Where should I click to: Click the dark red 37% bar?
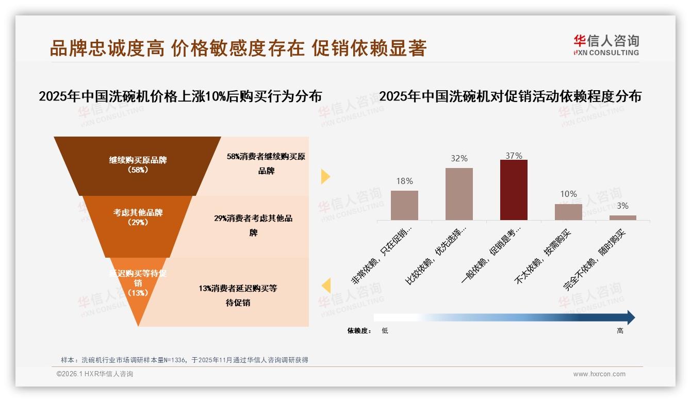(514, 190)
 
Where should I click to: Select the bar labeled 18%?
(404, 205)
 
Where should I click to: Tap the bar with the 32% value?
(459, 194)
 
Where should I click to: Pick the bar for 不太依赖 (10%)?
(568, 212)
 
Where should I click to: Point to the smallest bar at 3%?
(622, 217)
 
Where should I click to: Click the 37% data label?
(514, 156)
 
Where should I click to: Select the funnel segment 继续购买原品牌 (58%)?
(138, 165)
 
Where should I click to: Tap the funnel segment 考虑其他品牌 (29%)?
(138, 217)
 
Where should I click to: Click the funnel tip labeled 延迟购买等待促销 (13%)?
(138, 283)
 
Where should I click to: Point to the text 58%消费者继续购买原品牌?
(266, 163)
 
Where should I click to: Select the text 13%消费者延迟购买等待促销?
(238, 295)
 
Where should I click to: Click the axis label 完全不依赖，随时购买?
(594, 260)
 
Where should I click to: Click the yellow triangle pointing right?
(325, 177)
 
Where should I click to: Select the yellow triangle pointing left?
(326, 286)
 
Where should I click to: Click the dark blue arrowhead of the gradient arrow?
(630, 317)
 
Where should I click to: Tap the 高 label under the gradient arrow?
(620, 331)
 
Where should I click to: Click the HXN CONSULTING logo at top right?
(606, 45)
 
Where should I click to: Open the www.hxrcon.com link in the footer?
(599, 374)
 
